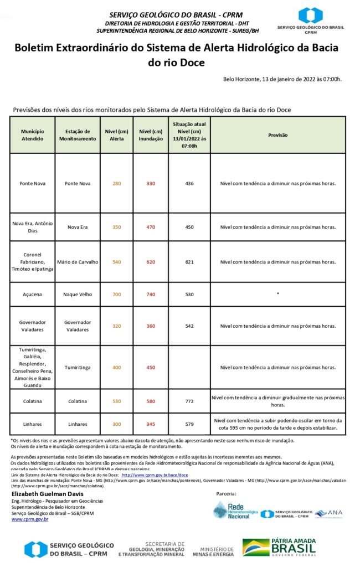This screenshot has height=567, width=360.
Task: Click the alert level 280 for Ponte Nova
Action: pyautogui.click(x=116, y=183)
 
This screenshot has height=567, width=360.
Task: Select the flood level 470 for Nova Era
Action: pyautogui.click(x=151, y=227)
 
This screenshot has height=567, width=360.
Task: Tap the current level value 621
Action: pyautogui.click(x=189, y=262)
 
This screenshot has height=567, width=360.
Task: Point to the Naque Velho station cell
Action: pyautogui.click(x=78, y=295)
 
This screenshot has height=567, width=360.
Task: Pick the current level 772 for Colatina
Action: pyautogui.click(x=189, y=401)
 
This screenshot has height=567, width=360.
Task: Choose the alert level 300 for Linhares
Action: pyautogui.click(x=116, y=424)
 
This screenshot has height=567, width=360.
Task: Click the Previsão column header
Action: pyautogui.click(x=277, y=135)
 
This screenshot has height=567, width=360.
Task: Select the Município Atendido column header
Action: pyautogui.click(x=33, y=135)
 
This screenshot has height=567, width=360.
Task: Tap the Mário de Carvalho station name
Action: pyautogui.click(x=78, y=262)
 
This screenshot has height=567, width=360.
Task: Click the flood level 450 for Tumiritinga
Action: pyautogui.click(x=151, y=368)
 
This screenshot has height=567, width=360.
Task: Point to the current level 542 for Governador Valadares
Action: pyautogui.click(x=189, y=326)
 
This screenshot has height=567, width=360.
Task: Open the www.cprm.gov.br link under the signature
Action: pyautogui.click(x=30, y=519)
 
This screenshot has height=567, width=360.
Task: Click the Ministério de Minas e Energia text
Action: pyautogui.click(x=213, y=550)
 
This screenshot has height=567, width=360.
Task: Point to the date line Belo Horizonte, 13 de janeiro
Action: pyautogui.click(x=282, y=79)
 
